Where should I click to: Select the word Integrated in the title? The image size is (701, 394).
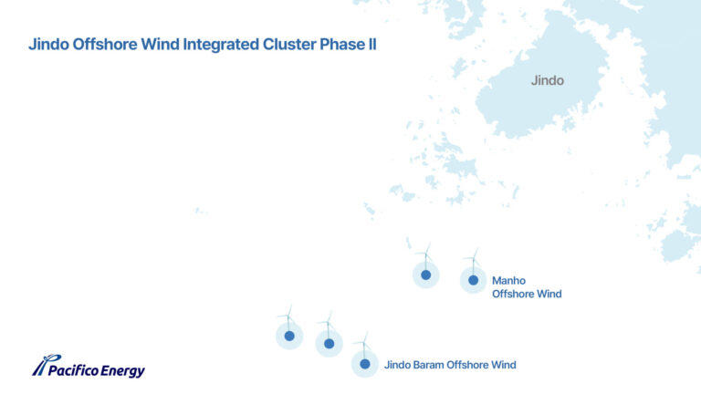221,45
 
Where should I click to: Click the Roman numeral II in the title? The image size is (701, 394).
372,45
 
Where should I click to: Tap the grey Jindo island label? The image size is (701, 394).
548,80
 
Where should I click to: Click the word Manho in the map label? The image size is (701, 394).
508,281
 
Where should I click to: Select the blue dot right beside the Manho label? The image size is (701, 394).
473,280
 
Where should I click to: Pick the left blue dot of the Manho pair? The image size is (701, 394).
425,275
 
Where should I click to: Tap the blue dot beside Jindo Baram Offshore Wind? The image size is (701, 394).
365,364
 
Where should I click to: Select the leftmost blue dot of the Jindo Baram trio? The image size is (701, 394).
289,336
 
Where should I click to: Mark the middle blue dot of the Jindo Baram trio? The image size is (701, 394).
329,344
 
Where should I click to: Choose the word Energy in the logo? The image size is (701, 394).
123,371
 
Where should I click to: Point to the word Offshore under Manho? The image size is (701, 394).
513,294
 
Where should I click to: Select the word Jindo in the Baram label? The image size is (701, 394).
397,365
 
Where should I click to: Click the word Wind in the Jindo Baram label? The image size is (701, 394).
504,365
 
